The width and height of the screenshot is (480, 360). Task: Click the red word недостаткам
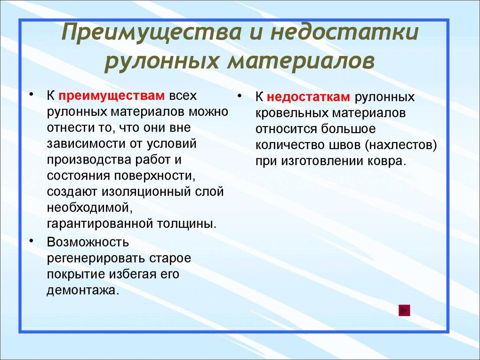tap(309, 97)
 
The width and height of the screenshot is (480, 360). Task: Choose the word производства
tap(84, 159)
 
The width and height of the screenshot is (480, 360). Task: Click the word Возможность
tap(88, 242)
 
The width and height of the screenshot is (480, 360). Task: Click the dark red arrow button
tap(404, 310)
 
